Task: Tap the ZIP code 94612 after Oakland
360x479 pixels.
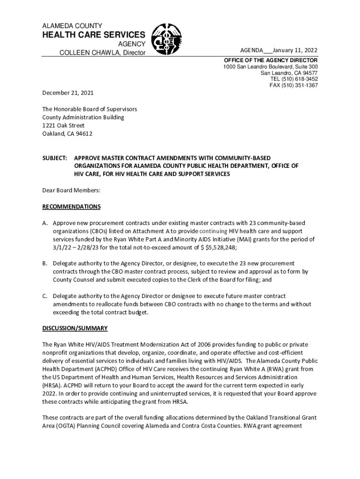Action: pos(84,134)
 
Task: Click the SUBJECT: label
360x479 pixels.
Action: pos(55,158)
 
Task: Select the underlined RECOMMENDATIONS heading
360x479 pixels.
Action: pos(71,206)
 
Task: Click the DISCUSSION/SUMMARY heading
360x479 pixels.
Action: pos(75,328)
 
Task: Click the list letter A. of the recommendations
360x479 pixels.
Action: pos(45,223)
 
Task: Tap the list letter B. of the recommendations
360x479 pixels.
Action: pos(45,263)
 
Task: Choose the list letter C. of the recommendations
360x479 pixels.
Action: pos(45,296)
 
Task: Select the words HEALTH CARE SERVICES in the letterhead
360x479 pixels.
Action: pos(94,35)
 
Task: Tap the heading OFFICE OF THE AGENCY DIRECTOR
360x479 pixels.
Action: pos(271,61)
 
